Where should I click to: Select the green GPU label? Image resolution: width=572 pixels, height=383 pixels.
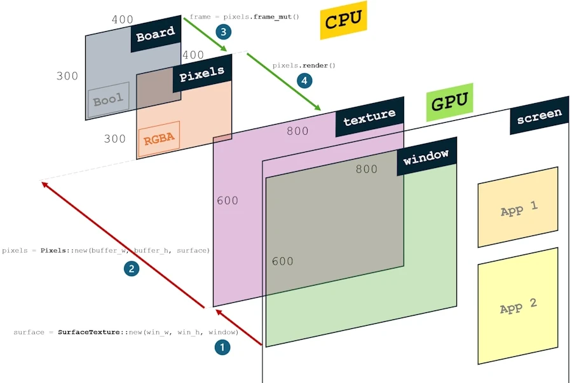click(x=450, y=102)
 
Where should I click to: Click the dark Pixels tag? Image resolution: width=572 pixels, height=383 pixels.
click(x=202, y=74)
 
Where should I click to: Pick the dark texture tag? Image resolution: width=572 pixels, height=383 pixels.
click(x=369, y=116)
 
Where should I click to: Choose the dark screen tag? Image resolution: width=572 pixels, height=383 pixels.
click(x=539, y=116)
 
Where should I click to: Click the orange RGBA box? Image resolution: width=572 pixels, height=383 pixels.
click(x=158, y=139)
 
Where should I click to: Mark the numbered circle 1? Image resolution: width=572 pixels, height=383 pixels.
click(x=222, y=347)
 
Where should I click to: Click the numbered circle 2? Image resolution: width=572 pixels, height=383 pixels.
click(x=132, y=269)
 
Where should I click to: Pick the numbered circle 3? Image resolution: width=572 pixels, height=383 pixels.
click(x=223, y=31)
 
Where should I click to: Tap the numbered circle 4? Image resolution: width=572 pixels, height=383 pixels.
click(x=305, y=81)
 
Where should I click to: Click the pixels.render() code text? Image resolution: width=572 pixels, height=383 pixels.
click(x=304, y=66)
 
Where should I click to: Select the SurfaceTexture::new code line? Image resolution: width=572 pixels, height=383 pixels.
click(x=126, y=332)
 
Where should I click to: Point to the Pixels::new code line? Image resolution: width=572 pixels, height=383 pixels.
click(x=106, y=251)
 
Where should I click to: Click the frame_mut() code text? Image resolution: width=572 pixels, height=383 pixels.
click(x=245, y=17)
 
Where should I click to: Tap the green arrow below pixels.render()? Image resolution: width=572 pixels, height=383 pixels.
click(x=283, y=80)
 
